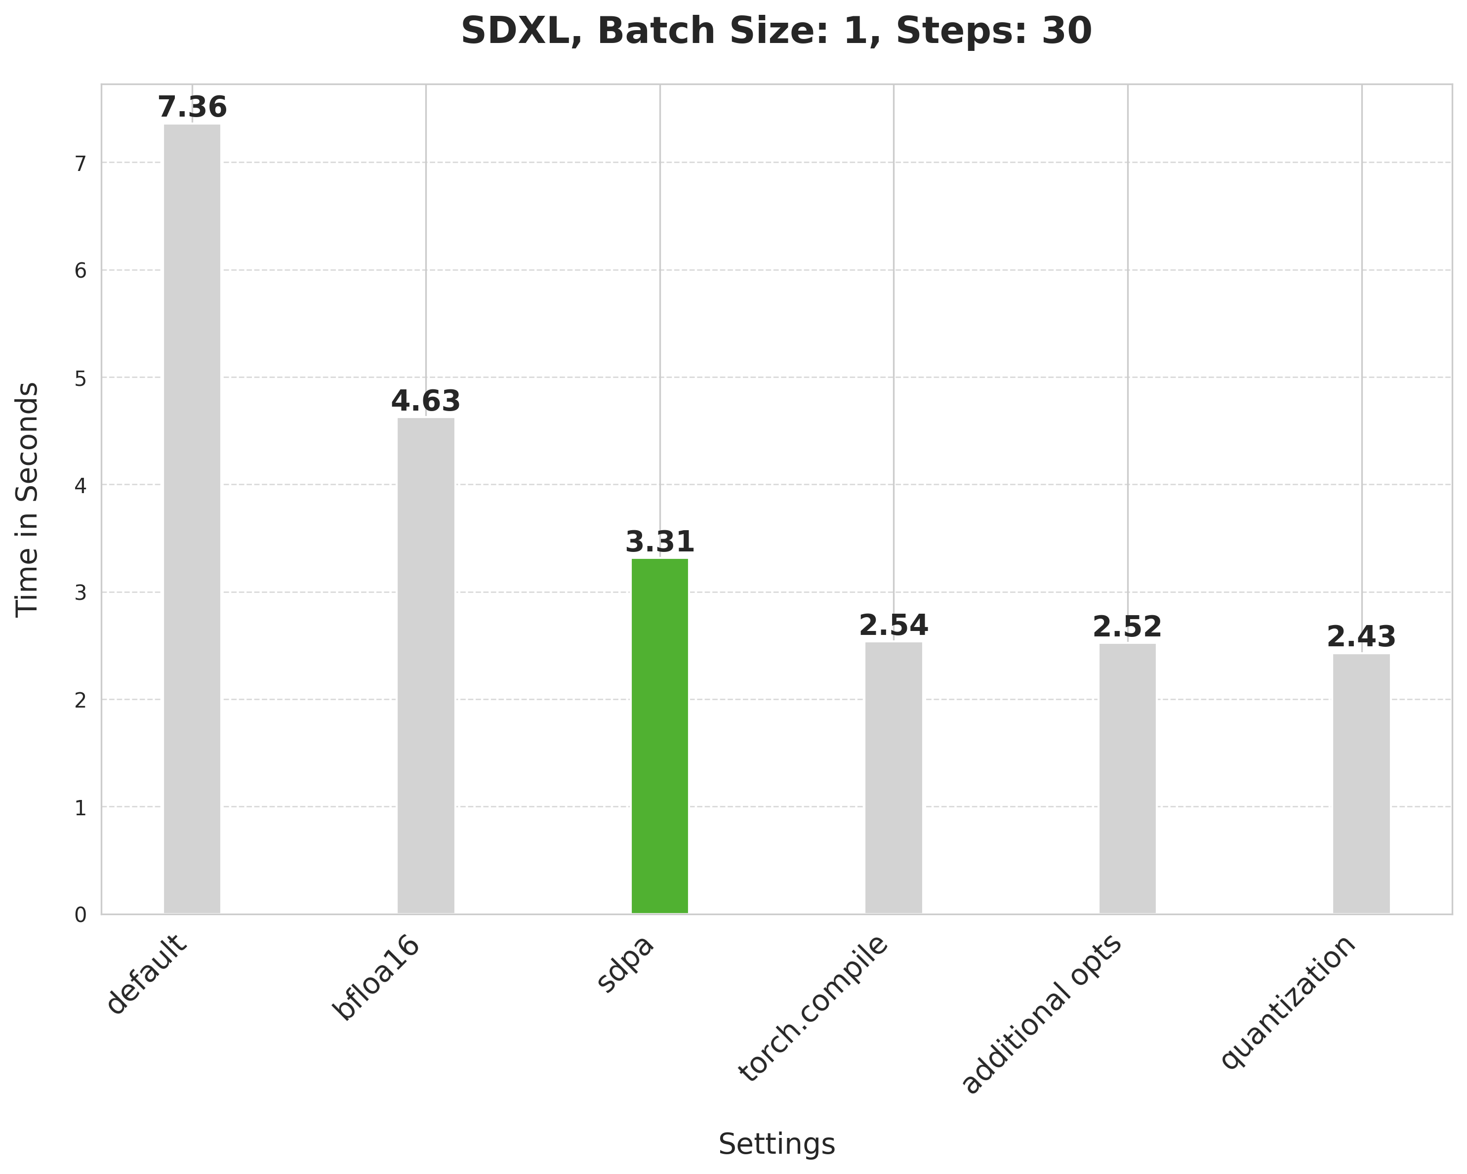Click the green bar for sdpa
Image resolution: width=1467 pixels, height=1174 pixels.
(x=659, y=736)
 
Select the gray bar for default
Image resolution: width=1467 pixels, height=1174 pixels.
(x=192, y=519)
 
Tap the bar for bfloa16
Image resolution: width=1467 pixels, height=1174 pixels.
(x=426, y=666)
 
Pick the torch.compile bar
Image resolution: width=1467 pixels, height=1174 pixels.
(x=894, y=777)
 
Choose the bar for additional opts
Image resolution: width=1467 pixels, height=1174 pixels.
(x=1128, y=779)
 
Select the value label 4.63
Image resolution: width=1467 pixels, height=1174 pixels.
(x=426, y=402)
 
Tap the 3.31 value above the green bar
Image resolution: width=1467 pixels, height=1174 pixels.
(x=659, y=543)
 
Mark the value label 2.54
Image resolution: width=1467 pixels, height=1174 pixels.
(x=894, y=626)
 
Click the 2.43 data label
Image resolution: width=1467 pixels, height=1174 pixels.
(x=1361, y=638)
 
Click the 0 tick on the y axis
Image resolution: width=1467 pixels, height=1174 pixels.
(x=81, y=915)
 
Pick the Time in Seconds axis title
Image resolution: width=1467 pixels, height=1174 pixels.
(x=28, y=499)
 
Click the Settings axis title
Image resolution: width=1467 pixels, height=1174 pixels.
(x=776, y=1144)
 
